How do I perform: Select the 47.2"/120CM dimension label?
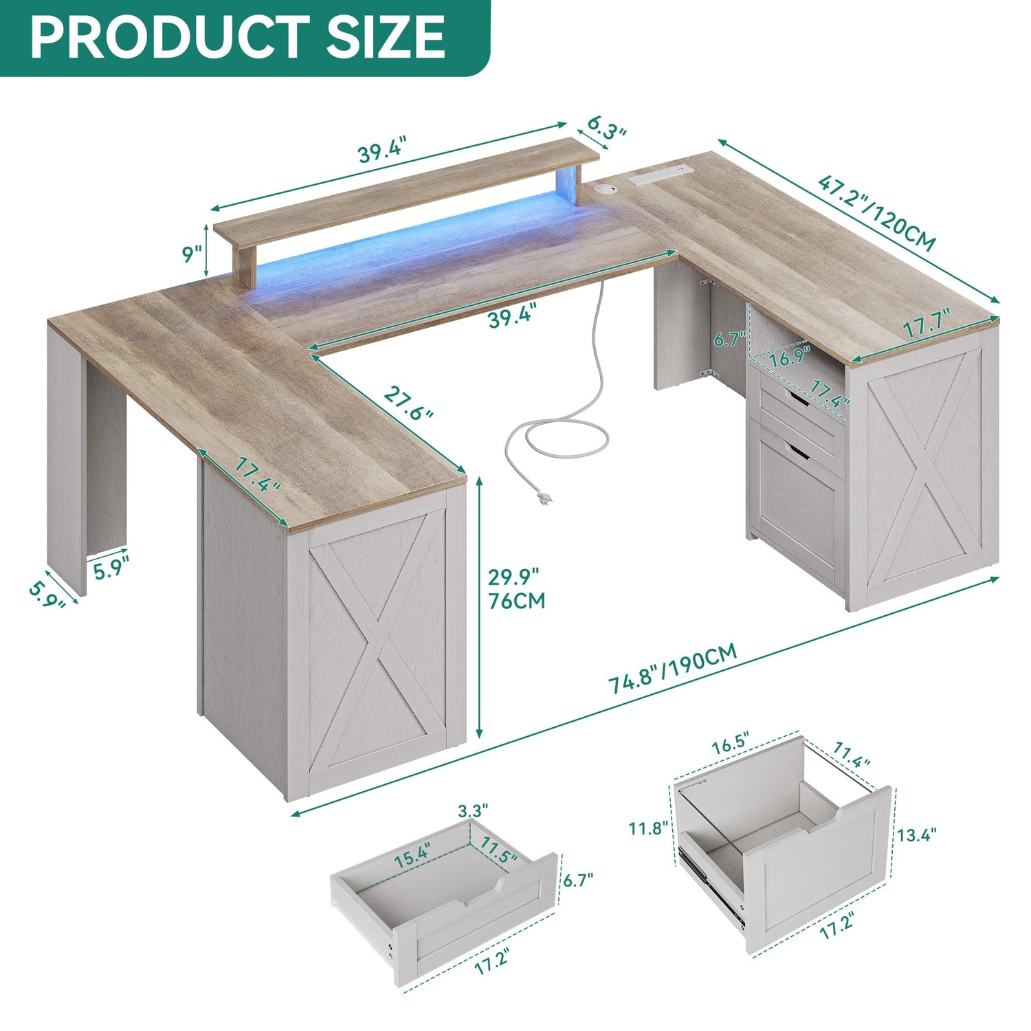click(877, 212)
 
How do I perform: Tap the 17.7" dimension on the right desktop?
click(926, 323)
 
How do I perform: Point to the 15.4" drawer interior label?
click(412, 854)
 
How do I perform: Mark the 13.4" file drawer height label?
click(917, 834)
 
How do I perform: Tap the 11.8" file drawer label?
click(648, 828)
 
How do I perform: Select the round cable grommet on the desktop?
click(607, 188)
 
